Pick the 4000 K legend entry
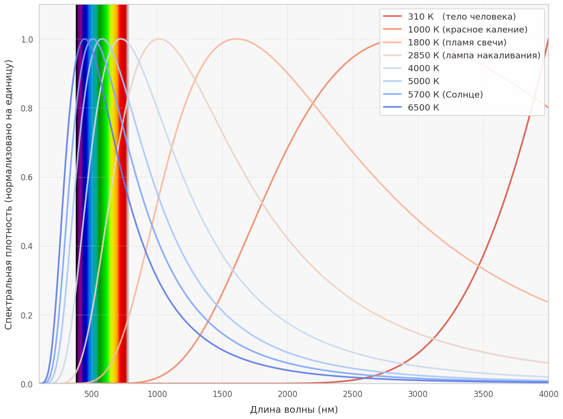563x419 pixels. [423, 68]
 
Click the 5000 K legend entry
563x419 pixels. [423, 81]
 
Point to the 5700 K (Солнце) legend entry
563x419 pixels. [445, 95]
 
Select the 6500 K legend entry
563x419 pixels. [423, 108]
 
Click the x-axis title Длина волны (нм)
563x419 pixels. [294, 410]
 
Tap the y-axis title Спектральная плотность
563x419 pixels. [9, 194]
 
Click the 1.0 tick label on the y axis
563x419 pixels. [27, 39]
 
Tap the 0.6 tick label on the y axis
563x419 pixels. [27, 177]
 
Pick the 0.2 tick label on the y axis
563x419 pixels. [27, 315]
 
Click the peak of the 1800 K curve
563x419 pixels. [236, 39]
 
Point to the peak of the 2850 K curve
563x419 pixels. [159, 39]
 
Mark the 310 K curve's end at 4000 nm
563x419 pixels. [548, 39]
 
